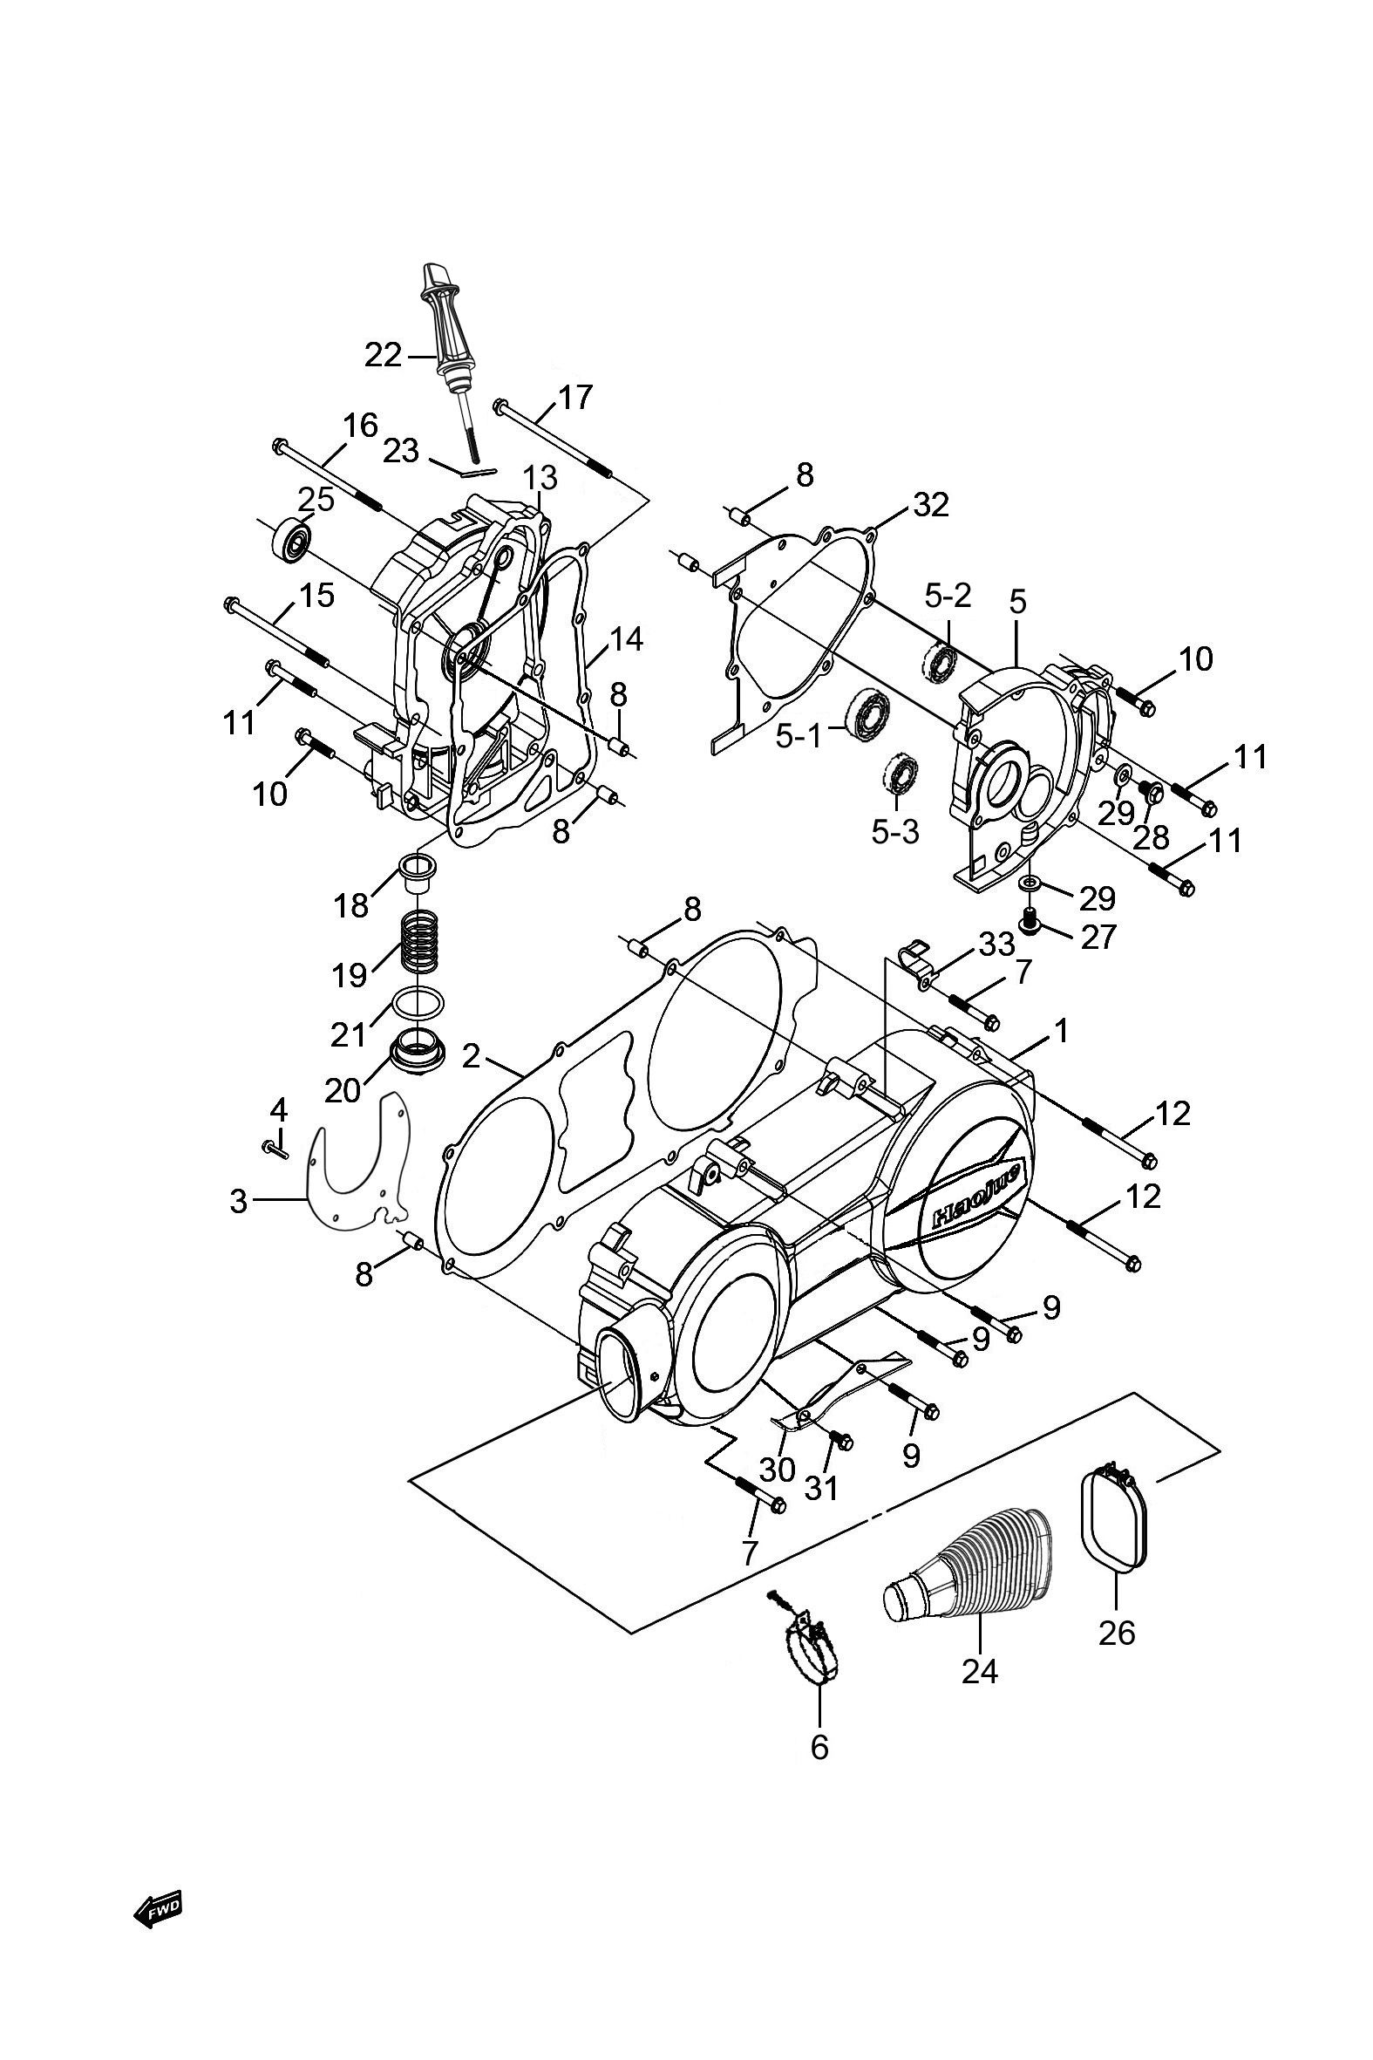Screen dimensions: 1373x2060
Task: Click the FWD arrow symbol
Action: click(x=159, y=1906)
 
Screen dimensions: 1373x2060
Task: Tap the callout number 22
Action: click(x=383, y=356)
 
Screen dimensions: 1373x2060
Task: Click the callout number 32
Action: click(x=930, y=504)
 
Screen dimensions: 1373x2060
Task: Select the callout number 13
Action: click(x=540, y=478)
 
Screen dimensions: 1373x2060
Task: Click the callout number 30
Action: click(x=777, y=1469)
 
